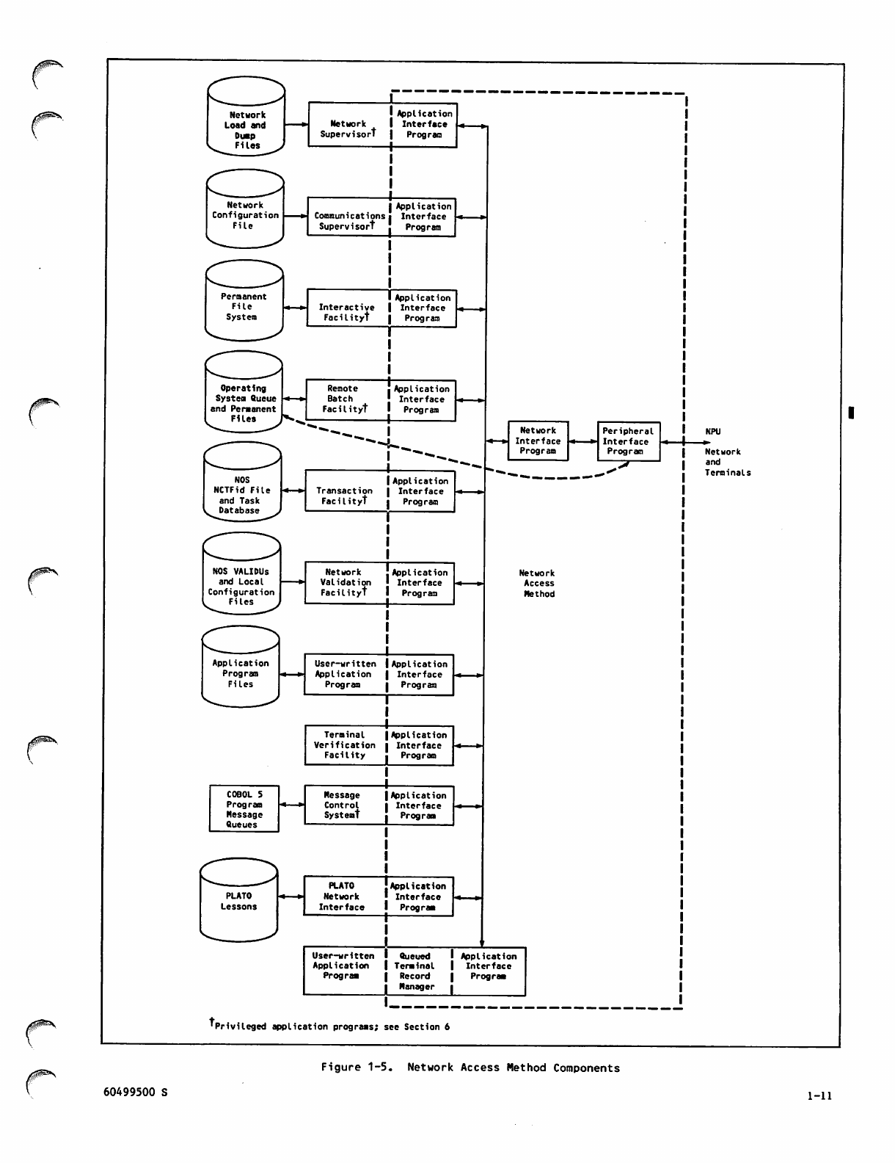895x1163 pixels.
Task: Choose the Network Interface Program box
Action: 538,441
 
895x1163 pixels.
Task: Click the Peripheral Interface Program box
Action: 628,441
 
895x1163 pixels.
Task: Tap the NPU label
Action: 712,432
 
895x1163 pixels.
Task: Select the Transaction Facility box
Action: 346,492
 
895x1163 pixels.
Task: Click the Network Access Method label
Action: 538,584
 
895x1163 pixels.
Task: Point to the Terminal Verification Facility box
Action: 345,745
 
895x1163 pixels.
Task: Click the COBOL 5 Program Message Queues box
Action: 244,809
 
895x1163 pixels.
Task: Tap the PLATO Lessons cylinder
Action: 239,901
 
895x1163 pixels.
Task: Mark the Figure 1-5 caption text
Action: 470,1068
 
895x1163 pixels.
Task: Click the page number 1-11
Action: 819,1096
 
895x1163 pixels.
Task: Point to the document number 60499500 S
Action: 135,1093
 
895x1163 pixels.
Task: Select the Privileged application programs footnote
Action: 330,1026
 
